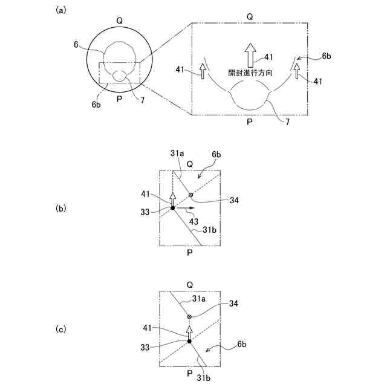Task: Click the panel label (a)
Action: pos(60,10)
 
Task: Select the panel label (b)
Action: pos(60,208)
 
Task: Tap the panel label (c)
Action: pos(60,330)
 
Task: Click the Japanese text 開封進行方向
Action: pos(250,71)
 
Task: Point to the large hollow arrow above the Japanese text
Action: pos(250,53)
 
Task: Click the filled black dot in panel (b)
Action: pos(172,208)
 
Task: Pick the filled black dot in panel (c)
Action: pos(189,342)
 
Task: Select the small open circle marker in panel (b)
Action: pos(191,195)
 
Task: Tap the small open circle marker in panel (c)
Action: pos(189,317)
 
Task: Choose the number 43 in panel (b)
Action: pos(193,221)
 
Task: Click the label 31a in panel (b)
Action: pos(177,154)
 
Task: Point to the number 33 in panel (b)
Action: pos(147,212)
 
